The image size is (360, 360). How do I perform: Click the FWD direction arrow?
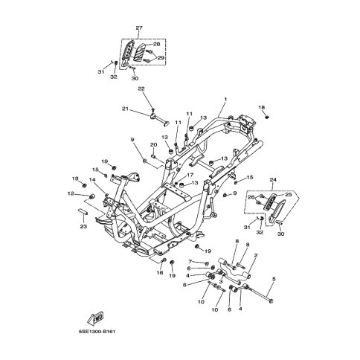tap(95, 318)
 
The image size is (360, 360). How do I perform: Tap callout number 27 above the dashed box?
tap(139, 28)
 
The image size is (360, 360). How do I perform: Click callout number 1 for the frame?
tap(225, 99)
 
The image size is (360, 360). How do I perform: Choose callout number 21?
tap(126, 109)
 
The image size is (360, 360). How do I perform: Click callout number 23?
tap(83, 226)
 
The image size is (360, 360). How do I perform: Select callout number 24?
tap(273, 179)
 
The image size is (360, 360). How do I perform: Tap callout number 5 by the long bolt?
tap(274, 279)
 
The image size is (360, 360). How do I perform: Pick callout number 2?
tap(256, 255)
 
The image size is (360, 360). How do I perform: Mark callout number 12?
tap(71, 193)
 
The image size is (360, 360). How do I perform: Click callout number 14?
tap(92, 179)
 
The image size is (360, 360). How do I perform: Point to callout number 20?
tap(153, 145)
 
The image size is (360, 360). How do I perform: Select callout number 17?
tap(190, 175)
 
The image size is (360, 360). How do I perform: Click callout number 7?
tap(190, 261)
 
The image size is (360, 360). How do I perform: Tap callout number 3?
tap(221, 282)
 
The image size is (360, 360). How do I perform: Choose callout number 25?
tap(289, 195)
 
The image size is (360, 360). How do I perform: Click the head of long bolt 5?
tap(271, 301)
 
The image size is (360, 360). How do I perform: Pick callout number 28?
tap(157, 45)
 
